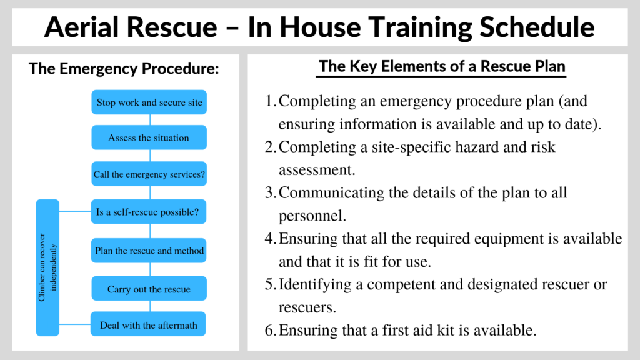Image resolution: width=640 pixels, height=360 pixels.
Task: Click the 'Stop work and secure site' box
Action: coord(149,102)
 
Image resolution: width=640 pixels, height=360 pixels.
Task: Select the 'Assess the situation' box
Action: coord(149,137)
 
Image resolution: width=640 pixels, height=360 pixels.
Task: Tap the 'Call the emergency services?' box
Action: coord(149,174)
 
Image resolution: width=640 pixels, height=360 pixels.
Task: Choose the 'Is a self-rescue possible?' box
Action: coord(149,212)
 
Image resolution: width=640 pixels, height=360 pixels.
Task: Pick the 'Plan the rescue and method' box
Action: coord(149,250)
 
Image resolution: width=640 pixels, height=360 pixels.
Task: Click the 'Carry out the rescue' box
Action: coord(149,289)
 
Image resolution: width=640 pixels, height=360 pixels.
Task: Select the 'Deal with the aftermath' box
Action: coord(148,324)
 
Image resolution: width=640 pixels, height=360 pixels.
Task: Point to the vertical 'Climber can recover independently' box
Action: coord(47,267)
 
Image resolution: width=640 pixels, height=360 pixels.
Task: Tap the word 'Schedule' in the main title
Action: coord(537,27)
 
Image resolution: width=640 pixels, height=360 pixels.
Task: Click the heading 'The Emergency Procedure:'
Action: coord(124,69)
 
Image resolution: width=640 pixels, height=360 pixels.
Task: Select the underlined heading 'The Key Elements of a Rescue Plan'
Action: coord(442,66)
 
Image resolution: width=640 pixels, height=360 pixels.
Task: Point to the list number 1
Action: coord(270,101)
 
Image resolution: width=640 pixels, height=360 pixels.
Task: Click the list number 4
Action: coord(270,238)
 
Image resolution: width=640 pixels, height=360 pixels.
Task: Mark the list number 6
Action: coord(270,330)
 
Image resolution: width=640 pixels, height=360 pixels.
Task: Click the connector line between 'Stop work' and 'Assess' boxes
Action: coord(150,120)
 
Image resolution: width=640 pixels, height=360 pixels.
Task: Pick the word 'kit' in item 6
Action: coord(444,330)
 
